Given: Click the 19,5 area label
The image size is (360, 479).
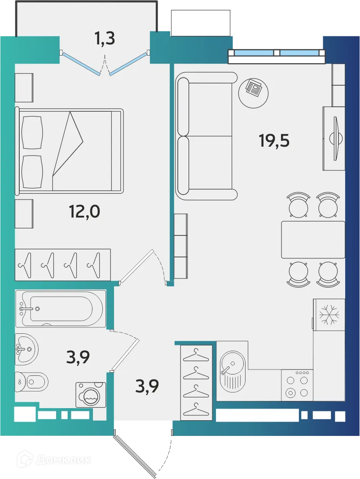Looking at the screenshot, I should coord(274,141).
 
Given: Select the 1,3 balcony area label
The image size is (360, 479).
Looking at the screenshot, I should coord(105,39).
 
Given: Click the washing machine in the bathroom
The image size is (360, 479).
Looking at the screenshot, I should coord(91,394).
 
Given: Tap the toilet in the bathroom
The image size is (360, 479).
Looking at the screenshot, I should coord(31,382).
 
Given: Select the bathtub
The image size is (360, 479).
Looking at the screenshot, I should coord(60,309).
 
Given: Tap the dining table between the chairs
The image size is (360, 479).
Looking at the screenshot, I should coord(312,239).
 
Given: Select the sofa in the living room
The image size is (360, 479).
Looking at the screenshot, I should coord(206,135).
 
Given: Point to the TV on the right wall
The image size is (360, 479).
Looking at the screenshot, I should coord(336,138).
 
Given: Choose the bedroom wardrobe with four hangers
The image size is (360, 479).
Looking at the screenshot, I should coord(62,264).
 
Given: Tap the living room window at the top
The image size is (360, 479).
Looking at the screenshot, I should coord(277,52).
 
